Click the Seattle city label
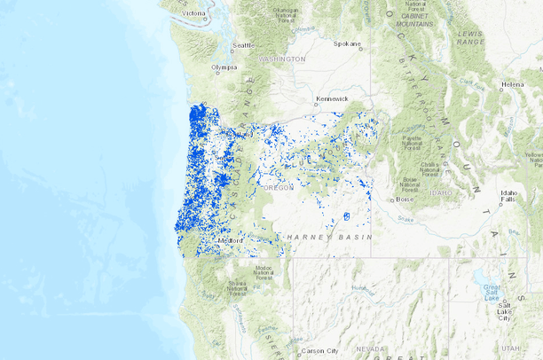(x=243, y=45)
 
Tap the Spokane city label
(x=348, y=43)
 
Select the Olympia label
(x=224, y=67)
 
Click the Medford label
(x=232, y=239)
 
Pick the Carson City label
(x=319, y=351)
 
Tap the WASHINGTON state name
(x=282, y=59)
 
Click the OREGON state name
(x=279, y=188)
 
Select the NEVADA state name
(x=370, y=349)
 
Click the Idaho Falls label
(x=508, y=196)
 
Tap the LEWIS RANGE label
(x=469, y=37)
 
